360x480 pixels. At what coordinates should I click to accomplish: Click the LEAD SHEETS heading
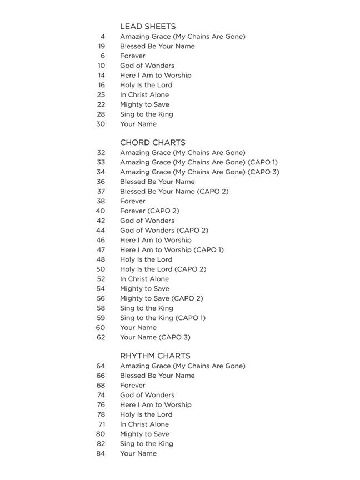[x=148, y=26]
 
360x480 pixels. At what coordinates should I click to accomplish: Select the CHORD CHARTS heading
[x=153, y=142]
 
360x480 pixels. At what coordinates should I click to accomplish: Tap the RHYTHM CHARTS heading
[x=155, y=356]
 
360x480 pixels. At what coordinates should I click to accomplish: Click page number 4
[x=103, y=37]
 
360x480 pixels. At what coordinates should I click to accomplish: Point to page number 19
[x=101, y=46]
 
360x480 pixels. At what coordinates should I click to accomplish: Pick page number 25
[x=101, y=94]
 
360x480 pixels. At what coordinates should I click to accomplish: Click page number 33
[x=101, y=162]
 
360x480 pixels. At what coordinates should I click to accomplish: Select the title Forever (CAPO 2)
[x=149, y=211]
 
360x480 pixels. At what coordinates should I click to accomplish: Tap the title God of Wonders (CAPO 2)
[x=164, y=230]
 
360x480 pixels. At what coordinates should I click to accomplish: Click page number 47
[x=101, y=249]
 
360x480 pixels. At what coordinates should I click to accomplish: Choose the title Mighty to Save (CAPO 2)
[x=162, y=298]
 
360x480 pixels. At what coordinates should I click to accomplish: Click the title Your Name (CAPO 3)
[x=155, y=337]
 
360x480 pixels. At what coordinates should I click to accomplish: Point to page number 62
[x=101, y=337]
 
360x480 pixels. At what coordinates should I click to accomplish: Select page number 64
[x=101, y=366]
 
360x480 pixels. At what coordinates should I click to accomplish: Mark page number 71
[x=102, y=424]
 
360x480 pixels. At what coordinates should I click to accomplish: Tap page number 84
[x=101, y=453]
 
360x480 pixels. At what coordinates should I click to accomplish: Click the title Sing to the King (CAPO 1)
[x=163, y=318]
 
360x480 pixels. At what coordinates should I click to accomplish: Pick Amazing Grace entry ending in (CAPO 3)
[x=199, y=172]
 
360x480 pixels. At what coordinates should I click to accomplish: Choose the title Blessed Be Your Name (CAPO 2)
[x=174, y=191]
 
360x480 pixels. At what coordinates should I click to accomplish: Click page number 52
[x=101, y=279]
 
